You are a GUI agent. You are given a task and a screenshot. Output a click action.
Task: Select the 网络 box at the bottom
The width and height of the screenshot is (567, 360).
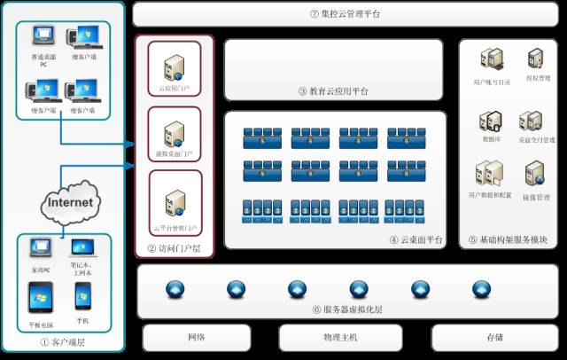[x=196, y=338]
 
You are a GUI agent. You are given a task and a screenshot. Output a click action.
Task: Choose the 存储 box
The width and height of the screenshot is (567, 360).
[x=493, y=338]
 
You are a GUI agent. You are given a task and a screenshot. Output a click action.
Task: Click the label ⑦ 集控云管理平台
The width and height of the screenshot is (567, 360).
[x=345, y=13]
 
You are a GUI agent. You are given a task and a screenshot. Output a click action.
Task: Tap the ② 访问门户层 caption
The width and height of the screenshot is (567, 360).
[x=174, y=249]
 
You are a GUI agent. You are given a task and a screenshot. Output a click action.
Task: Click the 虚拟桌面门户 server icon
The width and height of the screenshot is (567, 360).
[x=174, y=132]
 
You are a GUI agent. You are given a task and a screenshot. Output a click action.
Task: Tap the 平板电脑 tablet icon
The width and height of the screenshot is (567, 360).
[x=41, y=298]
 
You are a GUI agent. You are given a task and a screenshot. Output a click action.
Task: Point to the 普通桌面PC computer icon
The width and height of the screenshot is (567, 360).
[x=42, y=37]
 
